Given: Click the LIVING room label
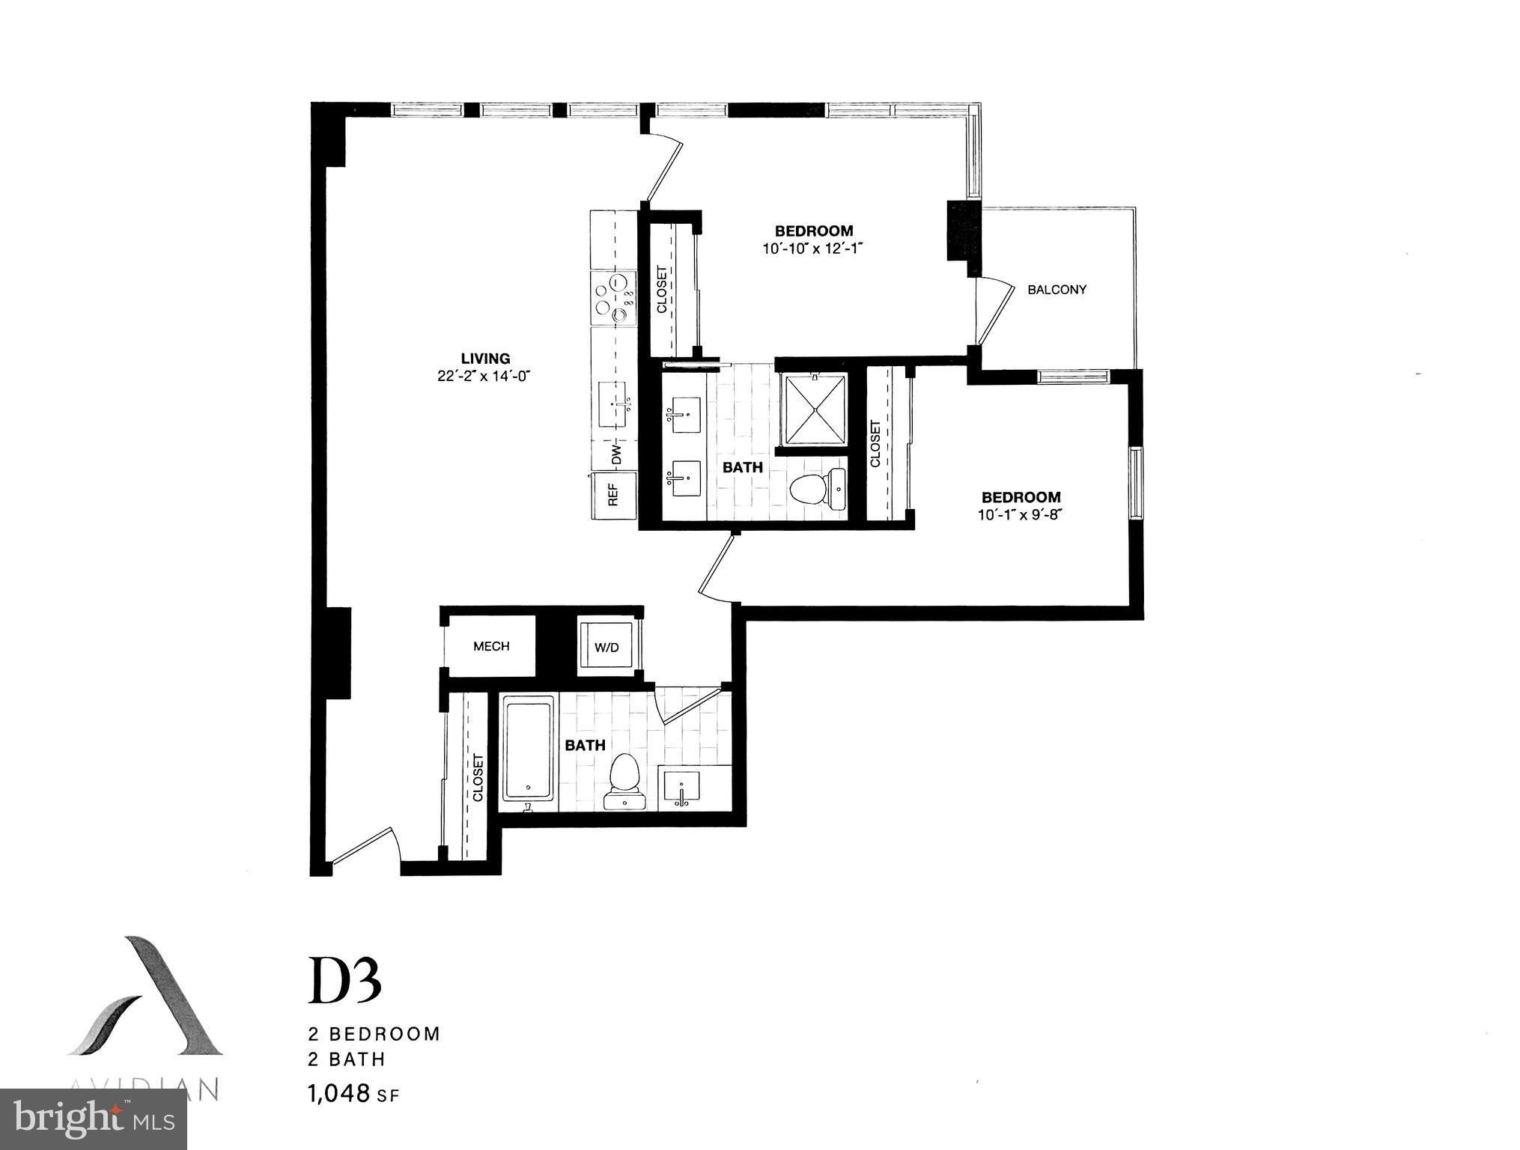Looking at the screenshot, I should point(485,359).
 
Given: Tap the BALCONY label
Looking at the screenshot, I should point(1057,290).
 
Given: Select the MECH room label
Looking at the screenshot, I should point(491,646).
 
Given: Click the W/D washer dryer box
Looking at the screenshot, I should point(607,647).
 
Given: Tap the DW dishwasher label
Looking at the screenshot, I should point(617,454).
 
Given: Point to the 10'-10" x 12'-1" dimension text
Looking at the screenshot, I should point(814,249).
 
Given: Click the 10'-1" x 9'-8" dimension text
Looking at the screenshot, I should point(1021,515).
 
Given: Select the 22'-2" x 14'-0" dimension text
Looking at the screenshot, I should point(484,377).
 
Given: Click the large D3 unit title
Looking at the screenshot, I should point(345,980).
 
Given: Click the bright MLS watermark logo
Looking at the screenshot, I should point(94,1119).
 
